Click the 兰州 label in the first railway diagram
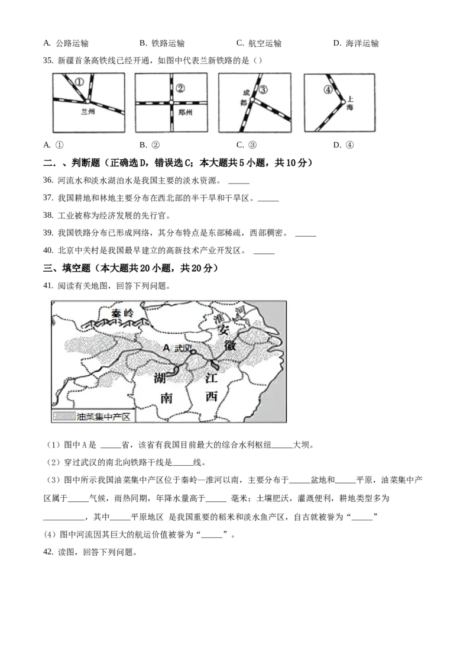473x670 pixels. click(88, 112)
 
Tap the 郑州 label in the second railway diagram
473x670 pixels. click(185, 112)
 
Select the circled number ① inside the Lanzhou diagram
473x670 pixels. click(79, 82)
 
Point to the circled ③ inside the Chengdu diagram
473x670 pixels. click(263, 90)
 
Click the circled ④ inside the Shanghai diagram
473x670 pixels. click(328, 90)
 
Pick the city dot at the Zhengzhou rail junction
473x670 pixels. click(171, 102)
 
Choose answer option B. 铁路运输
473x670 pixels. click(162, 43)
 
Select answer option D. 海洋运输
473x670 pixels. click(356, 43)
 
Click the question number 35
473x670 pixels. click(48, 61)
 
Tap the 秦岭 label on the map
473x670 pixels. click(122, 313)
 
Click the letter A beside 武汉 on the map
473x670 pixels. click(167, 348)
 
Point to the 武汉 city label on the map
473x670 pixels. click(182, 348)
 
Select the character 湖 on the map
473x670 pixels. click(160, 378)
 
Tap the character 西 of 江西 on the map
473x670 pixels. click(212, 397)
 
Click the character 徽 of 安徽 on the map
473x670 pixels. click(230, 344)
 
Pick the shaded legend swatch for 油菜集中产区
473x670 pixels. click(64, 416)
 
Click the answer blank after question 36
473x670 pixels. click(239, 183)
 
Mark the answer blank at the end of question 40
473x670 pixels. click(264, 253)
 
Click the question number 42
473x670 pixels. click(48, 552)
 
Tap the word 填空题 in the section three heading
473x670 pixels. click(77, 268)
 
